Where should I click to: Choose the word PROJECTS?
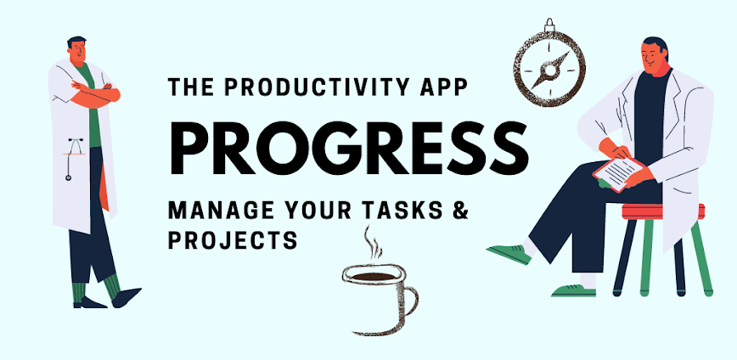[233, 241]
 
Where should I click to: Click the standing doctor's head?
[77, 51]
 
